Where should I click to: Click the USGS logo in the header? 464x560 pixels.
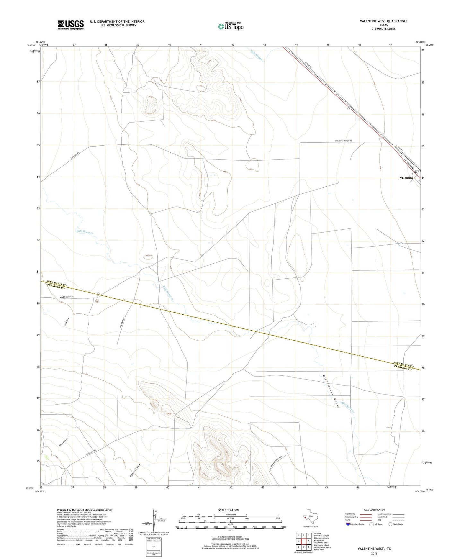[71, 24]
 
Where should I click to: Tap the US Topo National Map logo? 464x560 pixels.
[230, 26]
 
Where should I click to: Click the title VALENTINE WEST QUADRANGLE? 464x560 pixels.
[383, 21]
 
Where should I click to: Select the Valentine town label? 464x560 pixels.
[406, 178]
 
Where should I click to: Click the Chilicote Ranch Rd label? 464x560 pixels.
[344, 141]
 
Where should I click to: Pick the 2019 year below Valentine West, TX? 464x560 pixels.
[374, 553]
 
